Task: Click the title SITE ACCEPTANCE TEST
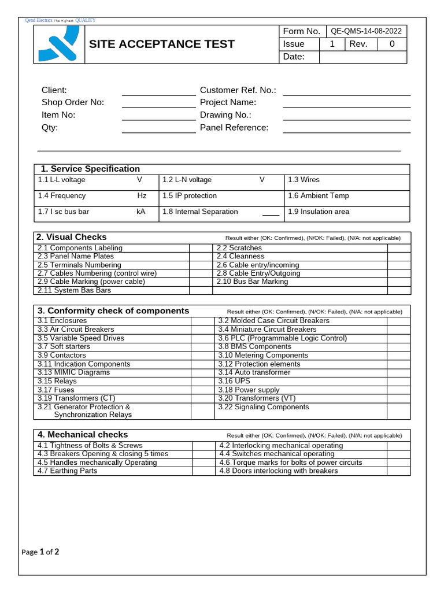pyautogui.click(x=161, y=44)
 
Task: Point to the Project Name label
pyautogui.click(x=228, y=102)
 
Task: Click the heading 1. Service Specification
pyautogui.click(x=90, y=169)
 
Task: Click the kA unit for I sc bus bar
pyautogui.click(x=140, y=212)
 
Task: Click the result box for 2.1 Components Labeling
pyautogui.click(x=201, y=248)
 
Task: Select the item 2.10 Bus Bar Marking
pyautogui.click(x=252, y=282)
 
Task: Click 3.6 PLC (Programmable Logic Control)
pyautogui.click(x=282, y=338)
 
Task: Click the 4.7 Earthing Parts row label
pyautogui.click(x=68, y=471)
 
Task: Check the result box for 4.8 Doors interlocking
pyautogui.click(x=399, y=471)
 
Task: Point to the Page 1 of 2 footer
pyautogui.click(x=40, y=552)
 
